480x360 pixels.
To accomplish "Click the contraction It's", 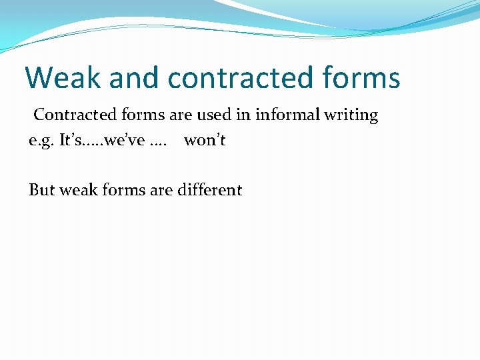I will (71, 141).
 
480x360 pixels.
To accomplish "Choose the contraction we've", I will (123, 141).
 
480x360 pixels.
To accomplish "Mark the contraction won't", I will (205, 141).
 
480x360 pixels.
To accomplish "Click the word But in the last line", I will (42, 190).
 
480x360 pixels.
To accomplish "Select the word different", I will (209, 190).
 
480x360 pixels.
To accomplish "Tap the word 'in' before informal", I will (244, 115).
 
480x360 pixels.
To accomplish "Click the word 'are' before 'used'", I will (180, 115).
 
